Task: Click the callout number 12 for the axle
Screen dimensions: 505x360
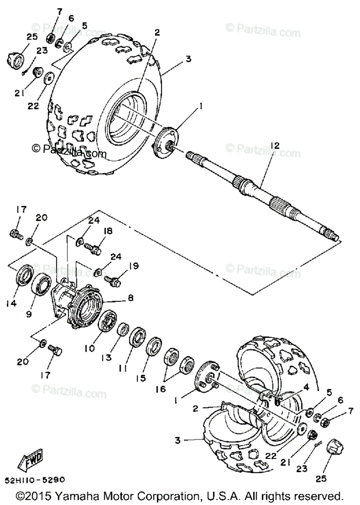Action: pyautogui.click(x=275, y=146)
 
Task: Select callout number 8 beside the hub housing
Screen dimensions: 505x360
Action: pyautogui.click(x=131, y=297)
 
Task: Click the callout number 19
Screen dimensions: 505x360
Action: pyautogui.click(x=134, y=266)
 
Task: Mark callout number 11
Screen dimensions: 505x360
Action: pyautogui.click(x=122, y=368)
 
